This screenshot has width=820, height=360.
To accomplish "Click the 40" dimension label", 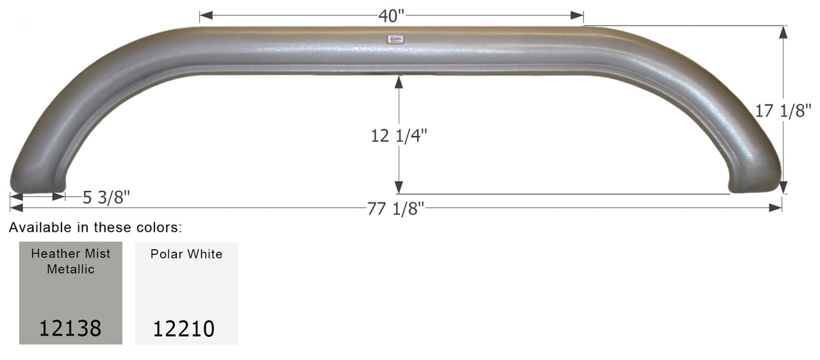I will click(x=392, y=15).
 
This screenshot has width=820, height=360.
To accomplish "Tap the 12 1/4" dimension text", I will click(x=398, y=136).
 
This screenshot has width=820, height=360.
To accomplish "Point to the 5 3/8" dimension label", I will click(x=106, y=197).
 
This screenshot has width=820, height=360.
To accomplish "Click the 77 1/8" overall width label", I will click(x=396, y=209).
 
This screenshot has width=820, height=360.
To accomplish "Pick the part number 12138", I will click(x=70, y=328).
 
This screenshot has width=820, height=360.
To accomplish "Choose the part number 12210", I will click(x=183, y=329).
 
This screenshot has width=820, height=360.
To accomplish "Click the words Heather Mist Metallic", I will click(x=70, y=261).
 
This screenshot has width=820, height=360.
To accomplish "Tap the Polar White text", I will click(x=186, y=254).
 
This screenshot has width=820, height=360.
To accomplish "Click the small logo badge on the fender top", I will click(x=395, y=40).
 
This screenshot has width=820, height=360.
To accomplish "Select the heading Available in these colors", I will click(x=95, y=227).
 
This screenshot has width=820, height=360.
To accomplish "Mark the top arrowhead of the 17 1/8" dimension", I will click(x=783, y=31).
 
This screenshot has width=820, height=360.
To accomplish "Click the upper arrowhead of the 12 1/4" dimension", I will click(x=398, y=81).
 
